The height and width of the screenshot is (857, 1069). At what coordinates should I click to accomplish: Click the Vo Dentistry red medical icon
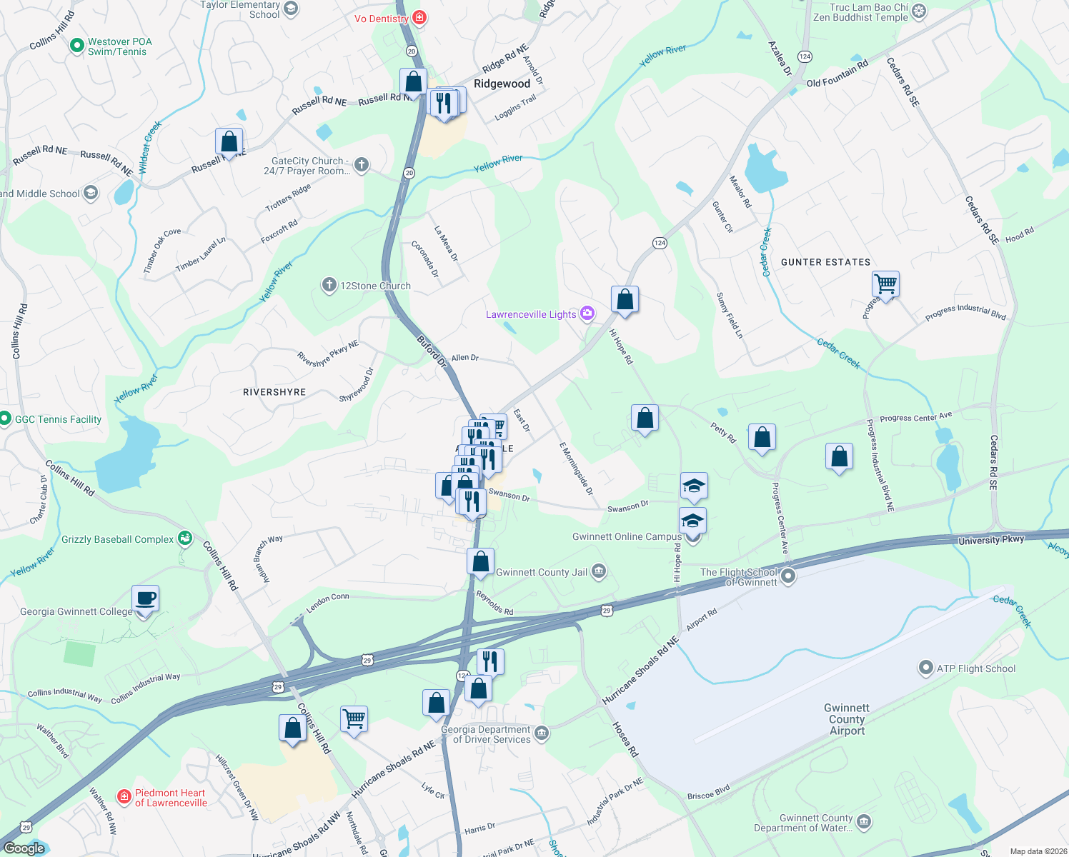(419, 18)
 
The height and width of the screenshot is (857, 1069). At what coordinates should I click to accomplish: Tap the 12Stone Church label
(375, 286)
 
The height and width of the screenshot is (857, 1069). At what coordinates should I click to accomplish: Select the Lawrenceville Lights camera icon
(587, 314)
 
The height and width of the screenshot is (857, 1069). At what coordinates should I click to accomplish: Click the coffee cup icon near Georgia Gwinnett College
(146, 598)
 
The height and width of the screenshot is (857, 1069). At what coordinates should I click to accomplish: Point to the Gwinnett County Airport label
(847, 719)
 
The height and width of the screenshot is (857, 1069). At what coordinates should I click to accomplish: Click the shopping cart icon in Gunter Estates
(885, 284)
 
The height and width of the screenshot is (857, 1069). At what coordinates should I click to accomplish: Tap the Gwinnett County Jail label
(541, 572)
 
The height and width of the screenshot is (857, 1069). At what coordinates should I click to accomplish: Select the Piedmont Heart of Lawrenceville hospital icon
(124, 796)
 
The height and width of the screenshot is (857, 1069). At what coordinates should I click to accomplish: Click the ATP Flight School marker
(925, 668)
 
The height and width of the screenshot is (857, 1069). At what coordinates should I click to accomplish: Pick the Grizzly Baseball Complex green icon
(185, 538)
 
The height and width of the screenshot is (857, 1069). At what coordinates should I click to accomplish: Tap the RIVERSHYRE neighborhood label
(274, 392)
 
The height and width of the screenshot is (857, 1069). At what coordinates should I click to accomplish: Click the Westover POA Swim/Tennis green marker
(76, 46)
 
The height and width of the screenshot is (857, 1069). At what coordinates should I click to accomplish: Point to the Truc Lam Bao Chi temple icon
(919, 11)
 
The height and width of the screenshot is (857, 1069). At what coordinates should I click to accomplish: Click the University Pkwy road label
(991, 540)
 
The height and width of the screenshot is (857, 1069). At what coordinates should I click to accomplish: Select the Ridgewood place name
(502, 84)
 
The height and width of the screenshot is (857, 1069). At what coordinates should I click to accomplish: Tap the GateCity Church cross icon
(362, 165)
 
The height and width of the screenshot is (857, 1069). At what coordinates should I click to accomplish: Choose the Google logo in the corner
(25, 848)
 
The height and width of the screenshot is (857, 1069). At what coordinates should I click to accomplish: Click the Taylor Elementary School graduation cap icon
(290, 9)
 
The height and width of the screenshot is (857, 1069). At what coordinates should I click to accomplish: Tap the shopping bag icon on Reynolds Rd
(481, 561)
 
